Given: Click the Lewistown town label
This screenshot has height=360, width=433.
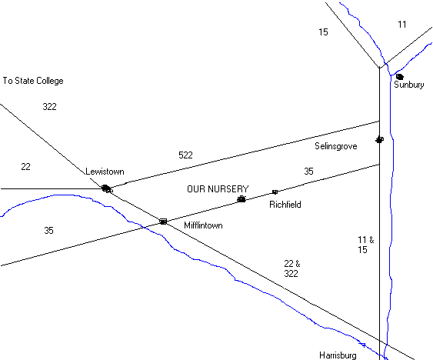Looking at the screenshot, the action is point(105,172).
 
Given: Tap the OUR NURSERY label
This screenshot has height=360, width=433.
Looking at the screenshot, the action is point(218,189).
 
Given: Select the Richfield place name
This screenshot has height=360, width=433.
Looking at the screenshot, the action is point(285,205).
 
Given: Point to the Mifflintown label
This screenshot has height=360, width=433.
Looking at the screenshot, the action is point(203,225).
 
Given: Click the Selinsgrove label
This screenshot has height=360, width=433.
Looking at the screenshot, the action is point(336,146).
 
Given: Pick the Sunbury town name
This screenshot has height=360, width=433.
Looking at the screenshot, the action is point(409,85).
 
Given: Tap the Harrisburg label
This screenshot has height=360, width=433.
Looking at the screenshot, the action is point(338,355).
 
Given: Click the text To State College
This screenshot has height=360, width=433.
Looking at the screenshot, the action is point(33,81).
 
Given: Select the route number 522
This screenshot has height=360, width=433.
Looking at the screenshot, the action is point(185,155).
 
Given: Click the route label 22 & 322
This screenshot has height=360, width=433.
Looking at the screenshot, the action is point(292,268).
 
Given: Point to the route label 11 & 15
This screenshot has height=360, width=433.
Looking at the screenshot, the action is point(366,245).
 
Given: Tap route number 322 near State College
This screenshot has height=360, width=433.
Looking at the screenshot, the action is point(50,107).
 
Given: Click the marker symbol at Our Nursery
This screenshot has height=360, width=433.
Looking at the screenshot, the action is point(241,199).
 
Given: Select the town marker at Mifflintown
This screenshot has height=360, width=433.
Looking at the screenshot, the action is point(163,222).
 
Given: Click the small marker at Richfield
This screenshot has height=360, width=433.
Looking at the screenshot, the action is point(275,192).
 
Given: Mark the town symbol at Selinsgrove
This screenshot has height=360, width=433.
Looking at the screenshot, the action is point(380,139).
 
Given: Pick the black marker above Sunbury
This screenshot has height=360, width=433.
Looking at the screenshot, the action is point(400,76).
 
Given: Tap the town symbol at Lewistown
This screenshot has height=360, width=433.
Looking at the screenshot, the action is point(107,189).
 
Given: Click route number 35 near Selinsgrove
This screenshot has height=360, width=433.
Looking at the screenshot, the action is point(308,172).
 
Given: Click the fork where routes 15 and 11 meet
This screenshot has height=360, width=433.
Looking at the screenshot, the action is point(379,68).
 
